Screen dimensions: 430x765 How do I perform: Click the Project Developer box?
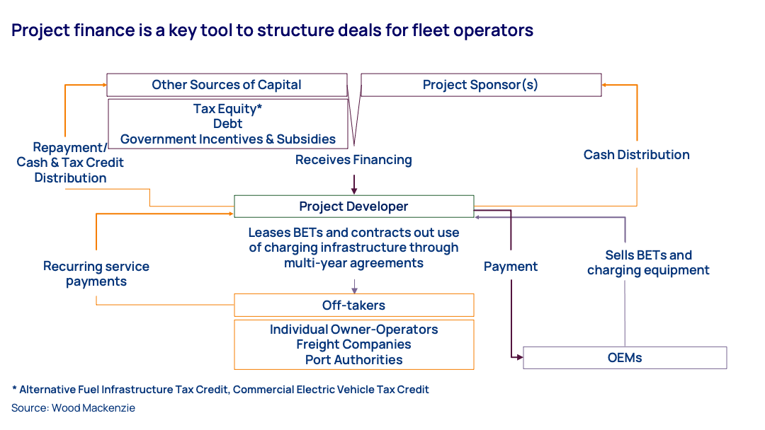click(353, 207)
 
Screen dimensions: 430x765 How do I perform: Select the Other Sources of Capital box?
click(227, 85)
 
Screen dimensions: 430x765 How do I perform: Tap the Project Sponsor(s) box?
click(480, 85)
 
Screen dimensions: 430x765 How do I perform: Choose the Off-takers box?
click(353, 306)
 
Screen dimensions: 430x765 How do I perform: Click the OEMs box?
click(624, 358)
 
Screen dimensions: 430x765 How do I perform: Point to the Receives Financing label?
click(353, 160)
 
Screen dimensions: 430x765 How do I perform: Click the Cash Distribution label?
click(636, 155)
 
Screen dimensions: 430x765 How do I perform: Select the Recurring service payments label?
click(96, 274)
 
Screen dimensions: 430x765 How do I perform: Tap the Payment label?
click(511, 267)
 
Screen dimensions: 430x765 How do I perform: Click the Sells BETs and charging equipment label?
click(648, 262)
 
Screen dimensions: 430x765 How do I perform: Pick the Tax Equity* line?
click(227, 109)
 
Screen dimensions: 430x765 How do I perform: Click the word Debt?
click(227, 124)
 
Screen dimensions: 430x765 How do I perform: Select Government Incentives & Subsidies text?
click(227, 139)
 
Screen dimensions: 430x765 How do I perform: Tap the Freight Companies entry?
click(353, 344)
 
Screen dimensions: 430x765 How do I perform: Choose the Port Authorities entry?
click(353, 360)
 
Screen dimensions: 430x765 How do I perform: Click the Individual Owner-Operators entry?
click(353, 330)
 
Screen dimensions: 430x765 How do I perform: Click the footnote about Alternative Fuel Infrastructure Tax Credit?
click(220, 390)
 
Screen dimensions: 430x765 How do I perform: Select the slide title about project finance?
click(272, 30)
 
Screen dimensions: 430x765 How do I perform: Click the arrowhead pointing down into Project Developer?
click(354, 190)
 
